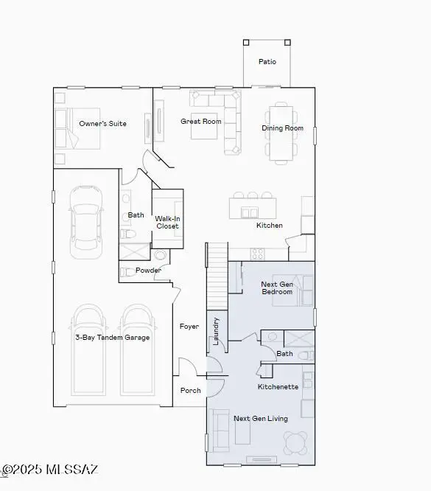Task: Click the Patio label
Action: tap(267, 62)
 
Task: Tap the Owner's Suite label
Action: tap(102, 124)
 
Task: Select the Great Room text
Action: tap(201, 122)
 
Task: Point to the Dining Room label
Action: tap(282, 128)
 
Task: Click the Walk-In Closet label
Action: tap(167, 222)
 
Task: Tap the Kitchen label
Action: tap(269, 226)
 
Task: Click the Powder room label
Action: tap(148, 271)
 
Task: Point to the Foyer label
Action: tap(189, 326)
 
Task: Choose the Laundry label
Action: tap(217, 330)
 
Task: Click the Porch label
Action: tap(190, 391)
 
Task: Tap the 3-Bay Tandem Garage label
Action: tap(111, 338)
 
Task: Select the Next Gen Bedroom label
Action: tap(277, 288)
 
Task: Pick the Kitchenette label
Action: tap(278, 387)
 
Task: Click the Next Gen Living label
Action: tap(260, 419)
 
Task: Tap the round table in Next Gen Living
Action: tap(296, 442)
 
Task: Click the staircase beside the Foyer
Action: tap(217, 276)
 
